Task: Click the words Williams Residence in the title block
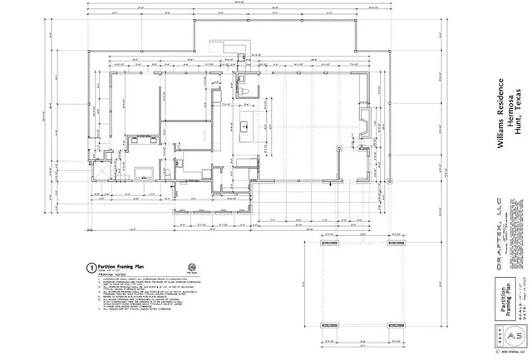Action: click(500, 113)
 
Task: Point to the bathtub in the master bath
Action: click(143, 173)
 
